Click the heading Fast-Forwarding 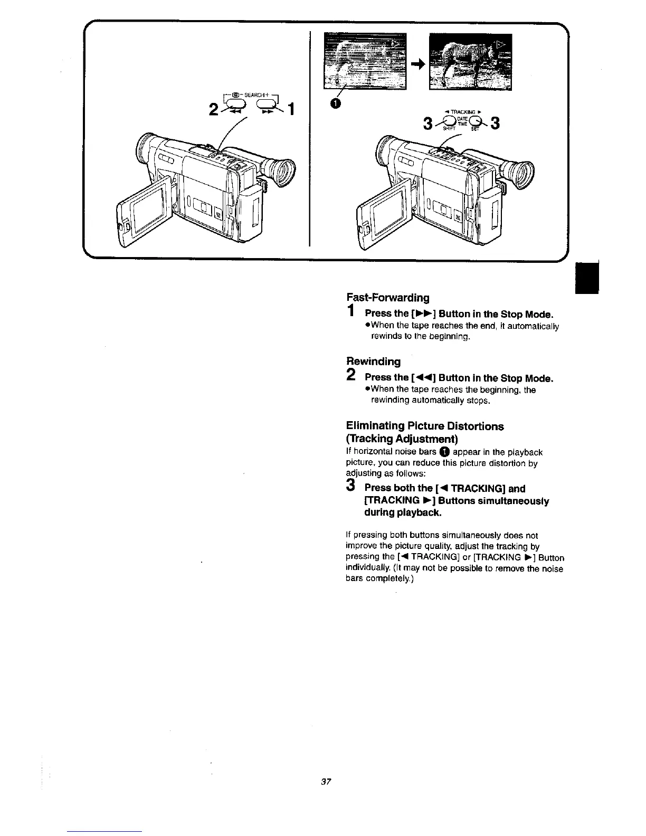coord(387,298)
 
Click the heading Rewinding coord(373,362)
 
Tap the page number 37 coord(325,782)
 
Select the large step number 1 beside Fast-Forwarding coord(351,311)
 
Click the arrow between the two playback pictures coord(417,64)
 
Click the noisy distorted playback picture coord(365,61)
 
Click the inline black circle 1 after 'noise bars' coord(444,452)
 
